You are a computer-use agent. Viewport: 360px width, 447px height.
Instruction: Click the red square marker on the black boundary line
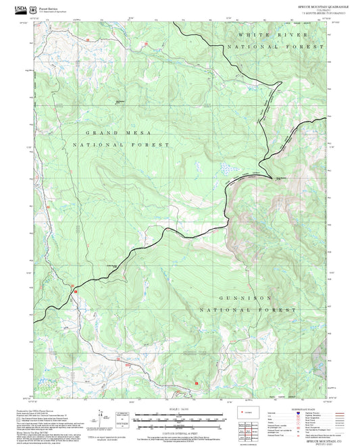76,290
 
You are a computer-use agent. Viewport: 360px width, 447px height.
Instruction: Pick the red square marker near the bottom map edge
197,383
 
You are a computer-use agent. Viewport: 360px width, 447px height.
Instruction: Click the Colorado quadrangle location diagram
251,411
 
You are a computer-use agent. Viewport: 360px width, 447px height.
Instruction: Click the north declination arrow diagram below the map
101,415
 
